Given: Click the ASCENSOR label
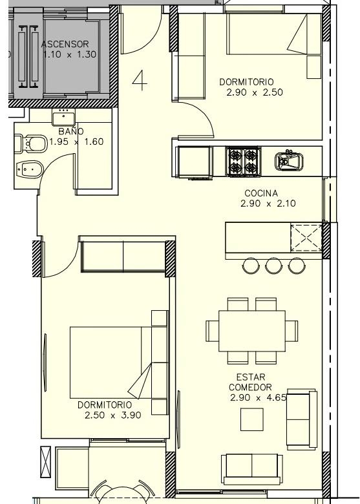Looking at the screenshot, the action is tap(65, 44).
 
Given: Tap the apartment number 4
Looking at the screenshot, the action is tap(140, 81).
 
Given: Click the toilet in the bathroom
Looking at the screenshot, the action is tap(31, 143).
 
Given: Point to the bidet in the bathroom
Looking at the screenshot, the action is tap(29, 169).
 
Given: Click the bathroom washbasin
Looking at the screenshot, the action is tap(63, 117).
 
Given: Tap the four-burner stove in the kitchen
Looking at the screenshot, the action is tap(243, 162).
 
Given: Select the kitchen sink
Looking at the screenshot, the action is tap(289, 161).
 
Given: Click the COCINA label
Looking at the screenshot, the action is tap(261, 193).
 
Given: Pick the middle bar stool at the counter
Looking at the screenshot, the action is tap(273, 266).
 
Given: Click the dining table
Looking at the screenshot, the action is tap(252, 331).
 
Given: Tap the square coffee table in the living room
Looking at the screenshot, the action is tap(252, 419).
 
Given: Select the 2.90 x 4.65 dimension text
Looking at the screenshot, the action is tap(258, 397).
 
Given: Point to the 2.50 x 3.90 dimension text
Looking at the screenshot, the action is tap(113, 415).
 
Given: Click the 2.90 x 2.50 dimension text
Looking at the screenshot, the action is tap(255, 92).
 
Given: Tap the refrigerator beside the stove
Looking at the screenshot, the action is tap(194, 162).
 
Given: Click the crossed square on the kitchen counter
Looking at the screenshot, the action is tap(306, 238).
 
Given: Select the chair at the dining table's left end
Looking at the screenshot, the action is tap(212, 331).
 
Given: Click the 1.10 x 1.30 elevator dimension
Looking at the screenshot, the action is tap(70, 54).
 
